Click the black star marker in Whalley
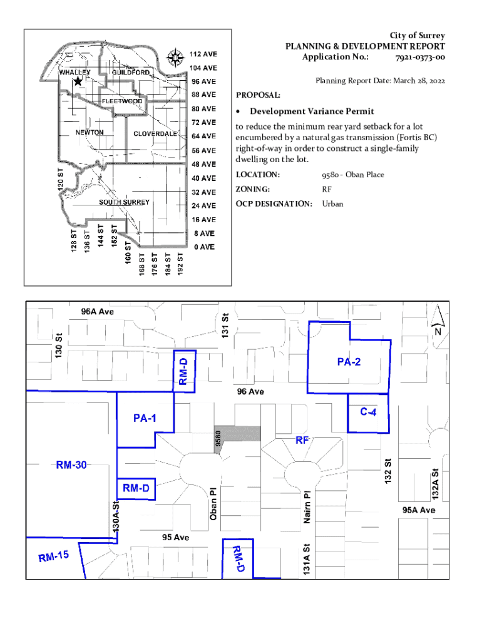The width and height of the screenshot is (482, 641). (78, 81)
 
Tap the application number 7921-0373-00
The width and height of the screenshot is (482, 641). (420, 57)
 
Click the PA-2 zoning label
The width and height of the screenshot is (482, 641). (348, 361)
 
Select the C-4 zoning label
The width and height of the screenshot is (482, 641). (367, 411)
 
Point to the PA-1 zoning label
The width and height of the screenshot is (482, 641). (145, 418)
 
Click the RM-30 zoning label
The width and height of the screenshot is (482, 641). (71, 465)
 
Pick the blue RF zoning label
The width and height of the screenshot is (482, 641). (303, 440)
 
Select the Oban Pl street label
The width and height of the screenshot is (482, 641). (213, 505)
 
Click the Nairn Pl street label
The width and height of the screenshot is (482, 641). (307, 506)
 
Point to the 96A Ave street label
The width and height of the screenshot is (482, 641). (97, 312)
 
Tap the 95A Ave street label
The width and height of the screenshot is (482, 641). (419, 510)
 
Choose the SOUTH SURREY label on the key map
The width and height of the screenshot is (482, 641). (124, 202)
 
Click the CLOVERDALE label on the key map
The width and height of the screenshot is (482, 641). (155, 134)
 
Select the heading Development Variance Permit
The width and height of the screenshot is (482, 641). (312, 111)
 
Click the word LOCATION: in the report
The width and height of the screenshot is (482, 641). (257, 175)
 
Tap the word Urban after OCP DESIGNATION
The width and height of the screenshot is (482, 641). (332, 203)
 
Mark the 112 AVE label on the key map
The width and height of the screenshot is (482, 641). (203, 54)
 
